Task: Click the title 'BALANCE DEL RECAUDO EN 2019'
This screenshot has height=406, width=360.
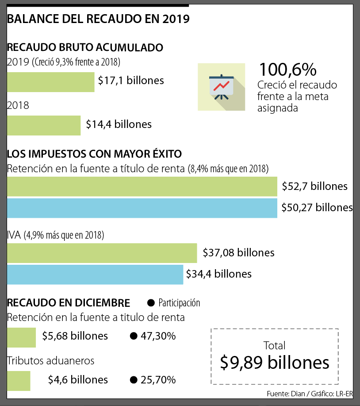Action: (x=98, y=19)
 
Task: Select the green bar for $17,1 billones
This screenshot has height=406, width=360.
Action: (x=51, y=82)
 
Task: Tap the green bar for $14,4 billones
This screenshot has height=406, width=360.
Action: (x=44, y=125)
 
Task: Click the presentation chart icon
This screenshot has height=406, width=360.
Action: (x=221, y=87)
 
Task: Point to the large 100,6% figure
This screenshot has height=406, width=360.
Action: (x=287, y=70)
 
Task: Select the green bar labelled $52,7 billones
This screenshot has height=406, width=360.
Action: (x=142, y=186)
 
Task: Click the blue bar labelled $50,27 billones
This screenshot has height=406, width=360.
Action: (x=142, y=208)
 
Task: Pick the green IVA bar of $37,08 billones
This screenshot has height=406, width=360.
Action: (x=102, y=253)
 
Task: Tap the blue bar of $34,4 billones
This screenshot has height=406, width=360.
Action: (x=95, y=275)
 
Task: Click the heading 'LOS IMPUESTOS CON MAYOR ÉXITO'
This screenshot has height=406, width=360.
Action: (x=94, y=154)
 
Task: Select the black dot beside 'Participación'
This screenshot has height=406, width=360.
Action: (x=151, y=303)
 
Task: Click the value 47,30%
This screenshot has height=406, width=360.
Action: (x=158, y=336)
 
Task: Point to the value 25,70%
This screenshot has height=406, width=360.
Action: (x=158, y=380)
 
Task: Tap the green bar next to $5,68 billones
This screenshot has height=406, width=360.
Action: (x=21, y=337)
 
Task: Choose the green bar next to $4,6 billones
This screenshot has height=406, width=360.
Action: (x=19, y=381)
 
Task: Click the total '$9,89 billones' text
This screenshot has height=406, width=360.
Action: (x=275, y=363)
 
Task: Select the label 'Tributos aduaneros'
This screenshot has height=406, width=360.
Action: (x=50, y=361)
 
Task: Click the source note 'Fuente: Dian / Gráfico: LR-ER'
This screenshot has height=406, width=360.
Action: (x=309, y=394)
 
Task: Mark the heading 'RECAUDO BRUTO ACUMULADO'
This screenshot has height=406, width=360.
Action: (x=85, y=47)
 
